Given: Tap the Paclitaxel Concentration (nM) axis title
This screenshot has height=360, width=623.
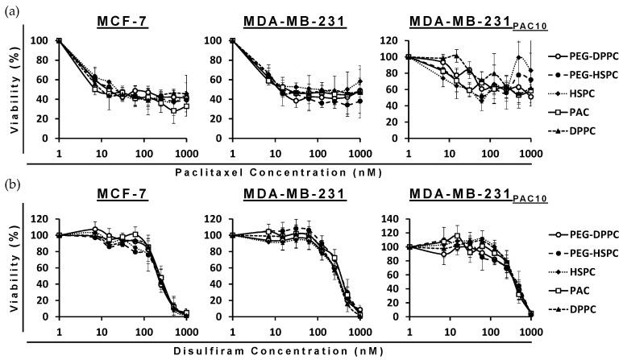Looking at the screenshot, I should [264, 172].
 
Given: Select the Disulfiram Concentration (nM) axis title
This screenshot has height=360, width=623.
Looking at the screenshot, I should [264, 351].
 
